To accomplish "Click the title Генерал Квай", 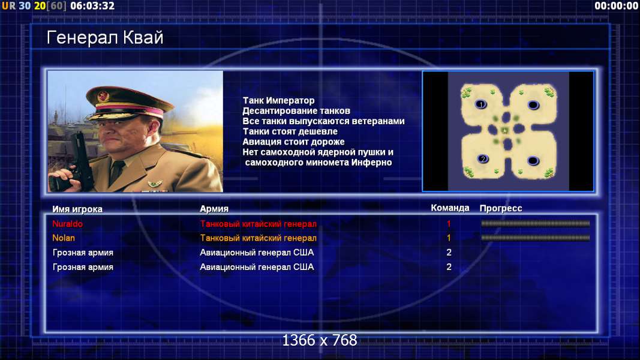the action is (105, 38).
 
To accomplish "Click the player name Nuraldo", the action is (67, 224).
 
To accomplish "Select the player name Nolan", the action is (63, 238).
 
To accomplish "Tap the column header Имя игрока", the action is (77, 209).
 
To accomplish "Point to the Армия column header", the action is (214, 209).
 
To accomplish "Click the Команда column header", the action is (450, 208).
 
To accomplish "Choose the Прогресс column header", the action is (501, 208).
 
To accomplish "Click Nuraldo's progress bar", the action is (535, 223).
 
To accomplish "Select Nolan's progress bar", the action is (535, 238).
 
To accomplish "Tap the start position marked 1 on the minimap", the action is (481, 104).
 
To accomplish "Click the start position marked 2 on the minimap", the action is (482, 159).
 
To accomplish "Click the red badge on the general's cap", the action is (103, 97).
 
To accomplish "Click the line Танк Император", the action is (278, 100).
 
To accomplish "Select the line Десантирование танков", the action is (296, 110).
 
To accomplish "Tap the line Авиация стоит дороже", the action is (293, 142).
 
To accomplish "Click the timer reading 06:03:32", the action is (92, 6).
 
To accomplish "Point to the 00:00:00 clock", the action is (617, 6).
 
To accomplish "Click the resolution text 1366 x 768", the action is (320, 340).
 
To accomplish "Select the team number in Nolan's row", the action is (449, 238).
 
